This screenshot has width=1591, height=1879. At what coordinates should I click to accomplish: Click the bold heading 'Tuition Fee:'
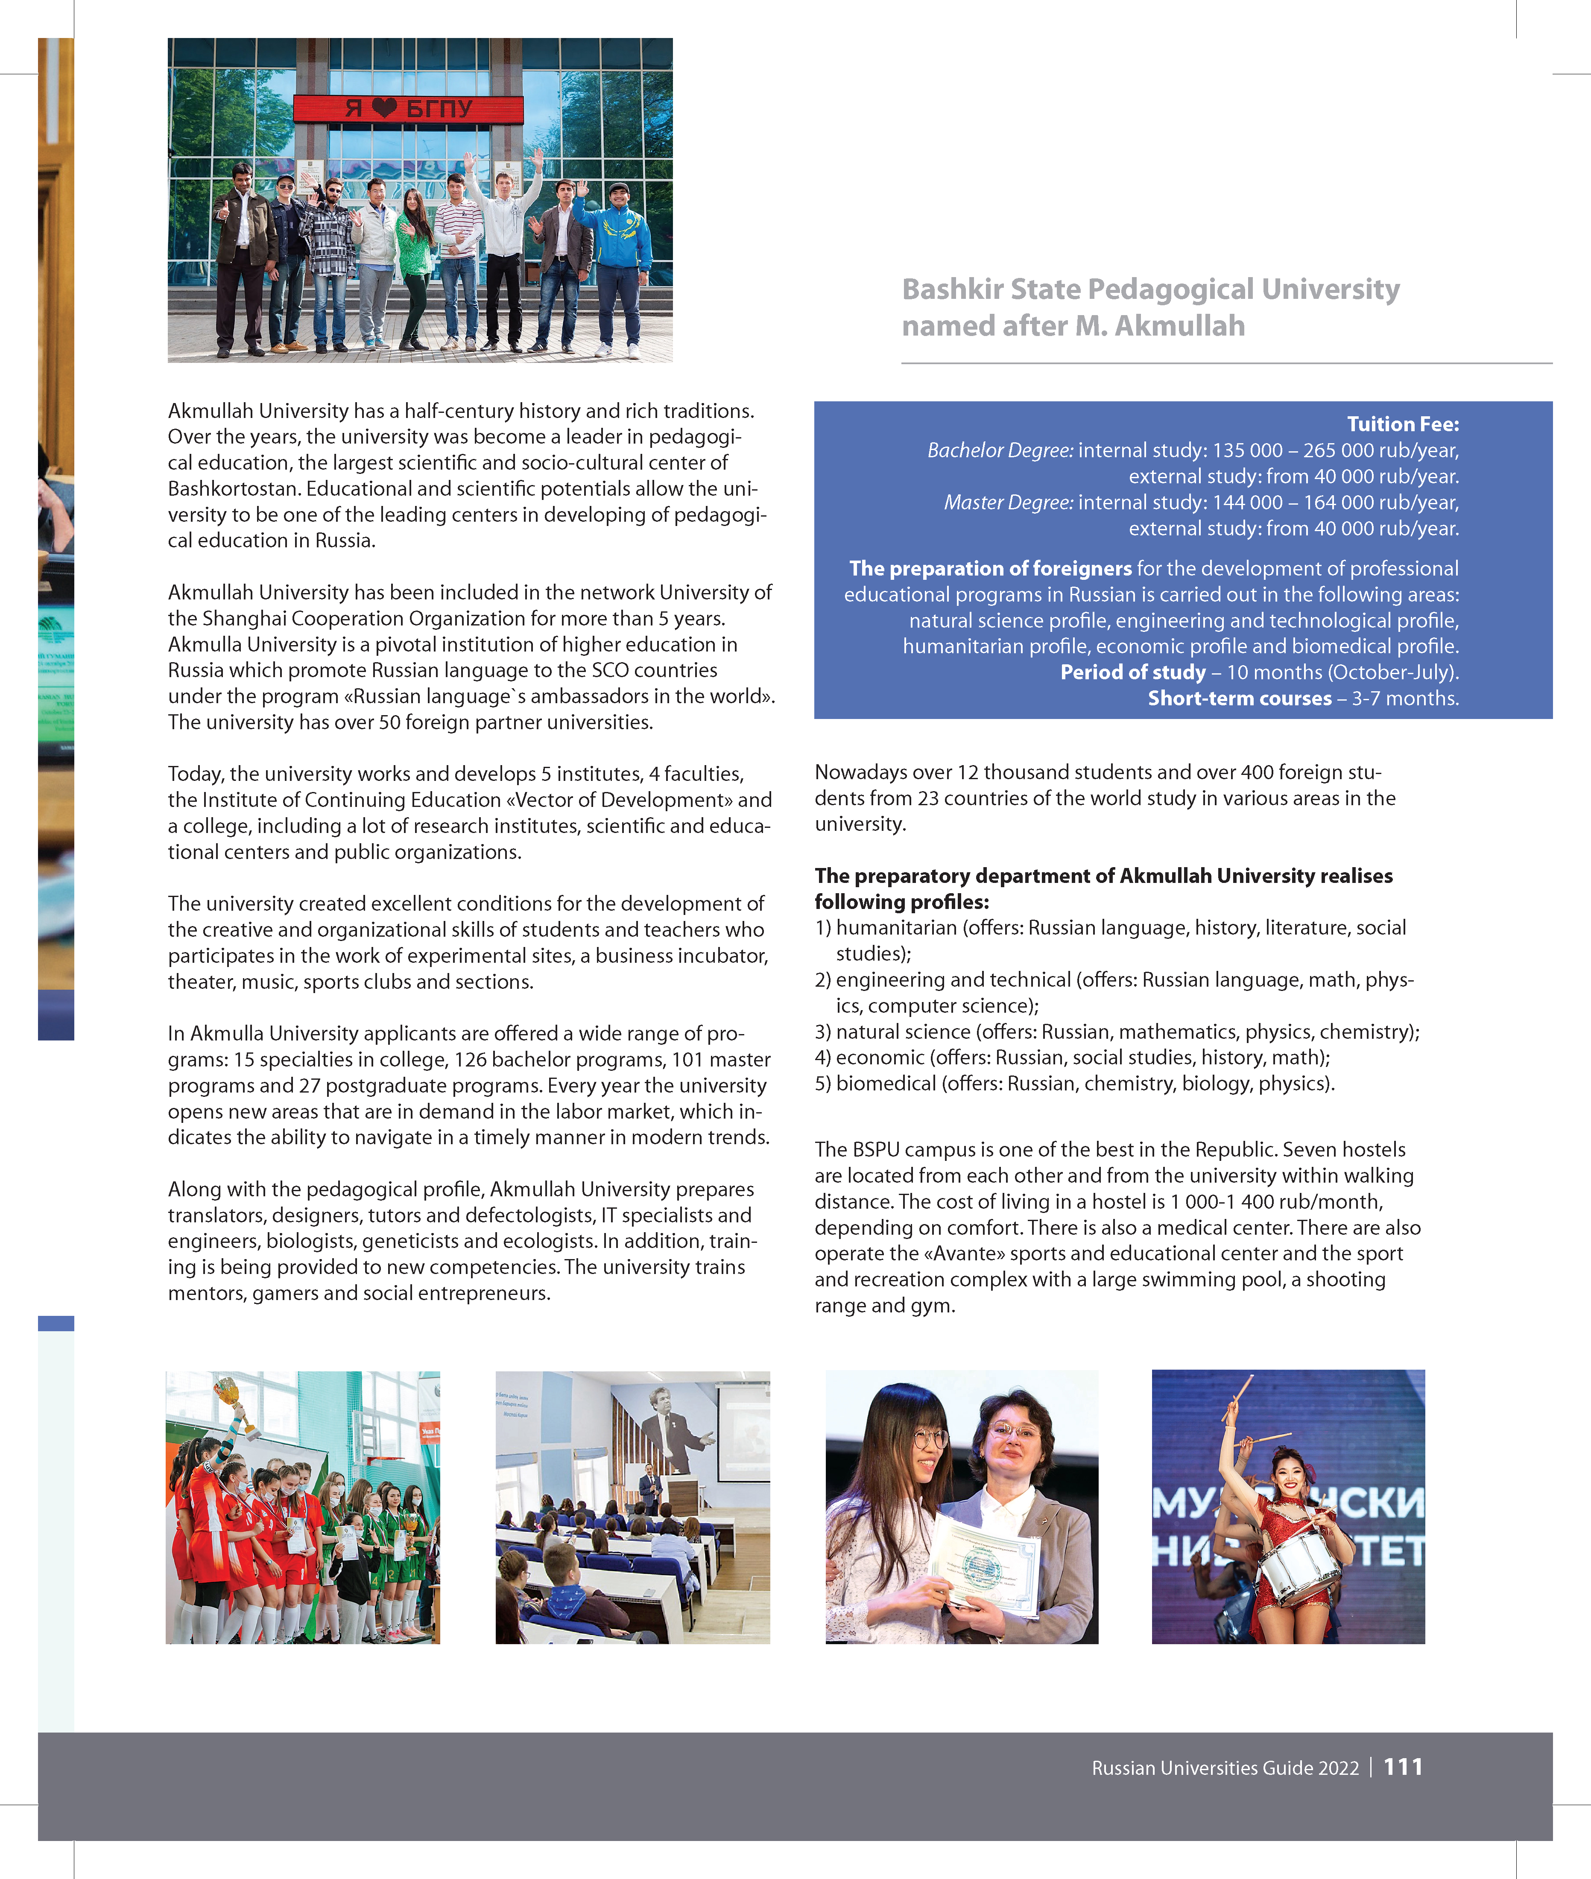pyautogui.click(x=1403, y=424)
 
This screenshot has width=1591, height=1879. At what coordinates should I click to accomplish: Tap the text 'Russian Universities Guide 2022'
pyautogui.click(x=1225, y=1768)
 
